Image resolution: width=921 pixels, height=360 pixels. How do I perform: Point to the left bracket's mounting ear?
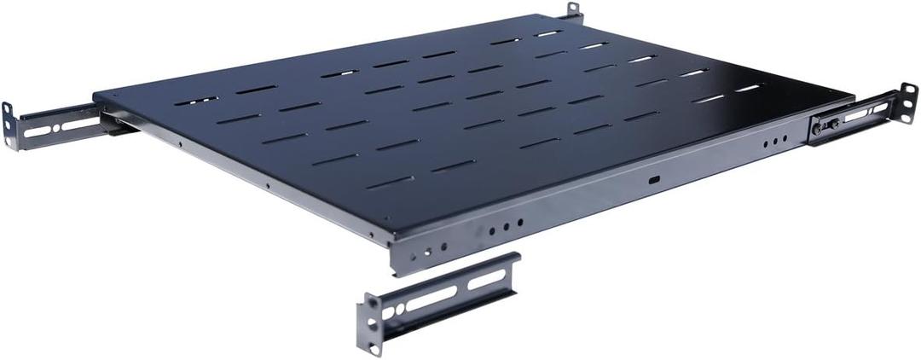[x=9, y=125]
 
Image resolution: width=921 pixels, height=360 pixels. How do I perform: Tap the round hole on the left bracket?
[x=55, y=128]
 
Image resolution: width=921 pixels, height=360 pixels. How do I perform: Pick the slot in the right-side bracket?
[x=866, y=109]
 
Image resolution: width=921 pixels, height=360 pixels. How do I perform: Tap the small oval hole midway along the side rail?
[x=653, y=180]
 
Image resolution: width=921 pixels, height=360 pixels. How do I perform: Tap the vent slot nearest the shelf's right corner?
[x=747, y=87]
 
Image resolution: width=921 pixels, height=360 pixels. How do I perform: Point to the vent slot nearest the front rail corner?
[x=390, y=182]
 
